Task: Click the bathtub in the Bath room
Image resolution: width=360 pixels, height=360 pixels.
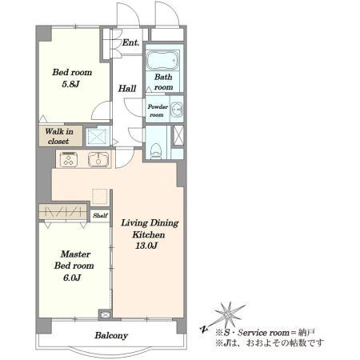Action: pos(162,61)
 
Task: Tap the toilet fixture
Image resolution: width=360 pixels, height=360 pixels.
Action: pos(156,150)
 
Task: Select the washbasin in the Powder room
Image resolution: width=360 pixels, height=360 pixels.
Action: pos(176,110)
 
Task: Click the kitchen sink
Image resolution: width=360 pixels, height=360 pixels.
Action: pos(98,160)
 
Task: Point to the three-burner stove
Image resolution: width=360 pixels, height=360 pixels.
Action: pos(69,159)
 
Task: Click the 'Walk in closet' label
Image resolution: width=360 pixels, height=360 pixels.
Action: pos(59,136)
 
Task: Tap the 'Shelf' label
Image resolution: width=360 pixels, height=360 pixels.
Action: pos(100,215)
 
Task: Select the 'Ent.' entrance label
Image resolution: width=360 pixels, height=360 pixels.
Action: pos(130,42)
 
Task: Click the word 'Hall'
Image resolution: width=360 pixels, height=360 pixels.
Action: pos(127,88)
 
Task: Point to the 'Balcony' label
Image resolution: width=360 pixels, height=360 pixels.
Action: pos(111,335)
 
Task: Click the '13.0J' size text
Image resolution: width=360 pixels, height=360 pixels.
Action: pos(146,246)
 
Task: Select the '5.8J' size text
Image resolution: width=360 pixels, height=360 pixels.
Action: pos(71,84)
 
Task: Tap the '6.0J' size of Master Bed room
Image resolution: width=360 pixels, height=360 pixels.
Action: pos(72,278)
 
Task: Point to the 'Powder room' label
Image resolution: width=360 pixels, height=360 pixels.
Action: pos(158,110)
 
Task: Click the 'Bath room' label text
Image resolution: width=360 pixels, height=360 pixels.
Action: pos(163,82)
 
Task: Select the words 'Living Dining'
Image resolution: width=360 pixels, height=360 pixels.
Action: pos(150,223)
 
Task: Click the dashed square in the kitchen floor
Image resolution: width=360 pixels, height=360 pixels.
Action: pos(100,197)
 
